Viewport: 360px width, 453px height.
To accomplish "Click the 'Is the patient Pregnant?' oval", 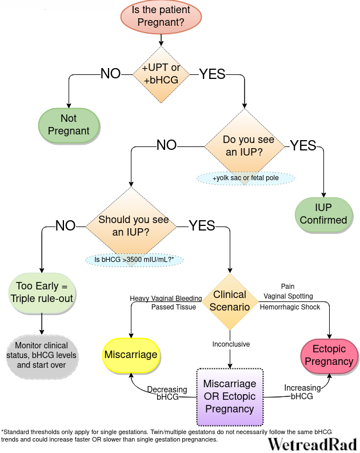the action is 161,16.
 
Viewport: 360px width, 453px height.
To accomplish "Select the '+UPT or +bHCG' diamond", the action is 161,74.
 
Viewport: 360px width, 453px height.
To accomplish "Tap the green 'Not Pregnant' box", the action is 69,125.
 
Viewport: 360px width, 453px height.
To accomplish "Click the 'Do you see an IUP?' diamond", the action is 245,146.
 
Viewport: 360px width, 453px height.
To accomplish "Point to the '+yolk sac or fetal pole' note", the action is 246,178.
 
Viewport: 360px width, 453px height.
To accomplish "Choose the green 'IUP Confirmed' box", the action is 323,214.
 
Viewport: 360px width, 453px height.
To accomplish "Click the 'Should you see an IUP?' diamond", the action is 131,227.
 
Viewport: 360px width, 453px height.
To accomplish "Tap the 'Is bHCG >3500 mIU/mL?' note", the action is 134,260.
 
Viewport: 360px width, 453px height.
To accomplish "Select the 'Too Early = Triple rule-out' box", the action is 42,293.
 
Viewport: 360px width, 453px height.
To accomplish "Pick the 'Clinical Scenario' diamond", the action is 230,301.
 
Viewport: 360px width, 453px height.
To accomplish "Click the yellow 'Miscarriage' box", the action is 131,355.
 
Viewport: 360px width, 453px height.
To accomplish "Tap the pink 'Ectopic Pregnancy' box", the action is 329,356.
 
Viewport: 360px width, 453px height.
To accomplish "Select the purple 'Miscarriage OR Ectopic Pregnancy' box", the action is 230,397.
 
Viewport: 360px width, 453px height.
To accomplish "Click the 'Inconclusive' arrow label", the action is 231,344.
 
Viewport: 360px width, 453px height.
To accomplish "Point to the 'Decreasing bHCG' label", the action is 167,393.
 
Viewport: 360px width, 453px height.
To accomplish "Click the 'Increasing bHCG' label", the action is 302,392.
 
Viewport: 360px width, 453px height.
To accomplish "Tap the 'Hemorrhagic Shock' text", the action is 290,307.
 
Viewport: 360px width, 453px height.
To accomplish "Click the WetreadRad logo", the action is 313,444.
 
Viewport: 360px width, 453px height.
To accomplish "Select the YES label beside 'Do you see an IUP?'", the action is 303,145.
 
